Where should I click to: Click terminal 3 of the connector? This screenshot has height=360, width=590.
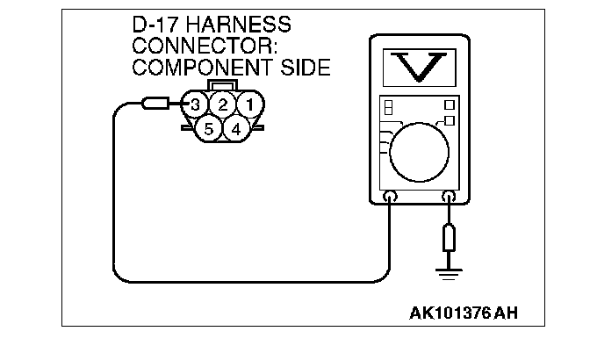pos(196,105)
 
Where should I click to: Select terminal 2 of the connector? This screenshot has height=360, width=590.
pos(223,105)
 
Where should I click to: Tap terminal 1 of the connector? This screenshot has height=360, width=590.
pos(250,105)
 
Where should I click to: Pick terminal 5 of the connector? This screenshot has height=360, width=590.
pos(208,129)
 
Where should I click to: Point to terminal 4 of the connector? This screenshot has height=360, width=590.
pos(235,129)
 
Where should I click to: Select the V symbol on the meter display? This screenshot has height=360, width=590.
pos(419,67)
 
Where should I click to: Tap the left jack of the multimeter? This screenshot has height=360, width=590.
pos(390,198)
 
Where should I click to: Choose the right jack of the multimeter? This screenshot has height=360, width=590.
pos(450,198)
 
